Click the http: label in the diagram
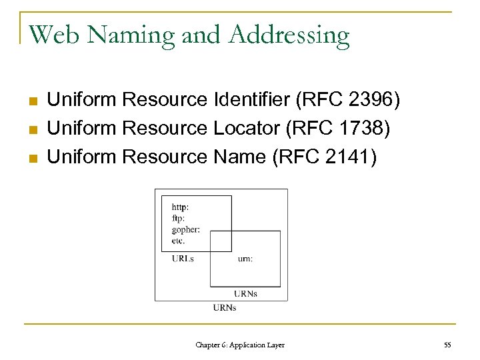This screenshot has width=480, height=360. point(180,207)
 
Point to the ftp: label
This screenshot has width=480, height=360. point(178,218)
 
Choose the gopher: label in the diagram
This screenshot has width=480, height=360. point(185,229)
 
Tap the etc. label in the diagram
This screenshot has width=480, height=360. point(178,240)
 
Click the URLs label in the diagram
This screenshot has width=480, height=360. point(183,259)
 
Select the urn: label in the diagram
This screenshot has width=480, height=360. point(245,259)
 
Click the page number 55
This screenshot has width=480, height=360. point(447,345)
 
